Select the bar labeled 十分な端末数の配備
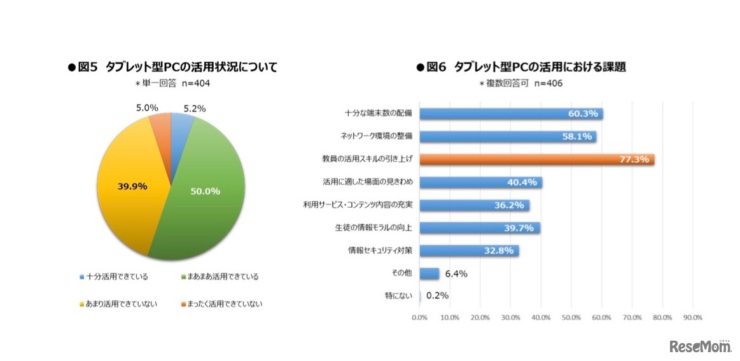click(x=511, y=114)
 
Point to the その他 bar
click(x=429, y=274)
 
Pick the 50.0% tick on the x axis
click(x=571, y=317)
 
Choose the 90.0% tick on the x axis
click(x=692, y=317)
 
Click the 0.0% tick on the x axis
click(x=419, y=317)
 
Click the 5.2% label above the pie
click(x=194, y=109)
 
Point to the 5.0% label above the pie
click(x=147, y=108)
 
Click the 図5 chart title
click(x=172, y=67)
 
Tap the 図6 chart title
click(x=521, y=67)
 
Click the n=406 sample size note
click(x=548, y=83)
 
